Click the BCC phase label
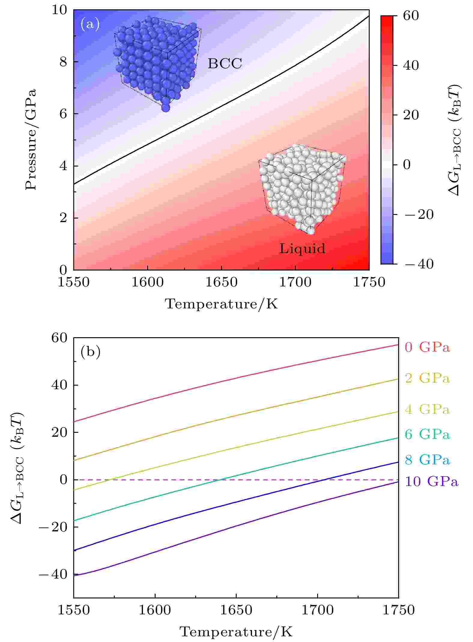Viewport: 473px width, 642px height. point(225,63)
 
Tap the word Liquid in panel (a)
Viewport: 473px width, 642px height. point(302,248)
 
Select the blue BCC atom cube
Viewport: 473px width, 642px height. point(157,63)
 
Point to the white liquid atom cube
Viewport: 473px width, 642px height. point(302,188)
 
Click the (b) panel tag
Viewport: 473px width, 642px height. point(90,352)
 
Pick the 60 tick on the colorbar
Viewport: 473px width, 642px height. point(411,16)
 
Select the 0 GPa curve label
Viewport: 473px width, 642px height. point(427,347)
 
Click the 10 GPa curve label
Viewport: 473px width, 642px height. point(432,481)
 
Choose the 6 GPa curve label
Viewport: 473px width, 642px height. point(427,434)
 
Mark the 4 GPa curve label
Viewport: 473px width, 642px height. point(427,409)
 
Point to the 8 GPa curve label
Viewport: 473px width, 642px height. point(427,460)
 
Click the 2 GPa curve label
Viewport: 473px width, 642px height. point(427,378)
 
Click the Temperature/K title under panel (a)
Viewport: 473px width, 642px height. point(222,304)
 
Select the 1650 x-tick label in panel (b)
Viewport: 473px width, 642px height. point(236,610)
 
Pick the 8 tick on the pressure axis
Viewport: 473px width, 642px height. point(63,62)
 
